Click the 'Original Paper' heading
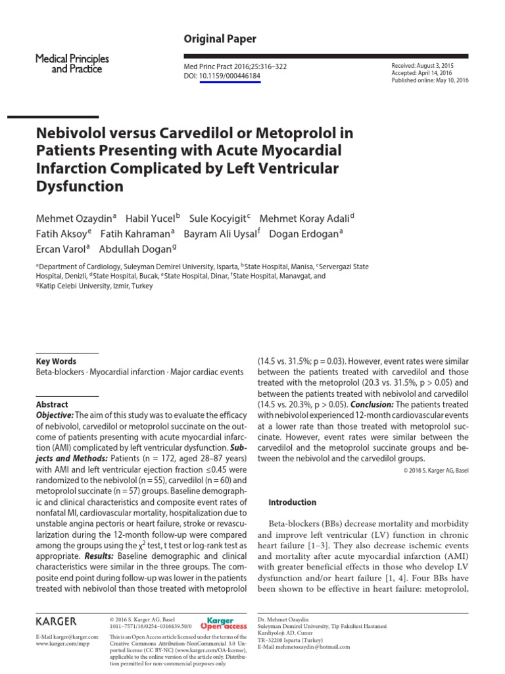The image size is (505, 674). pyautogui.click(x=220, y=39)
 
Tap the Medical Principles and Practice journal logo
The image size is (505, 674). pyautogui.click(x=72, y=64)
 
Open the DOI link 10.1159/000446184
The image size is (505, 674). pyautogui.click(x=229, y=76)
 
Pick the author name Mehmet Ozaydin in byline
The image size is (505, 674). pyautogui.click(x=74, y=218)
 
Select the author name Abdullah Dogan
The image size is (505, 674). pyautogui.click(x=136, y=249)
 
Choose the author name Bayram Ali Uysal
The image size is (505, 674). pyautogui.click(x=221, y=234)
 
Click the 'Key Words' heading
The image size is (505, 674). pyautogui.click(x=56, y=361)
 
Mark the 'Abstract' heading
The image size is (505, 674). pyautogui.click(x=52, y=405)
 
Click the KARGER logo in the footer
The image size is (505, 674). pyautogui.click(x=56, y=621)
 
